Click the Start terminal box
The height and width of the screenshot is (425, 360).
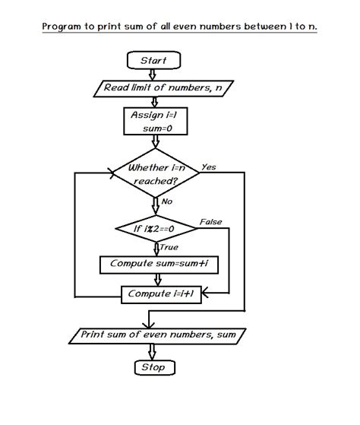(x=154, y=60)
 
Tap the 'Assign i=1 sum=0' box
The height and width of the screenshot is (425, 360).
(x=154, y=121)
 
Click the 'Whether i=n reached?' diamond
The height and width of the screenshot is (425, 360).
(x=155, y=174)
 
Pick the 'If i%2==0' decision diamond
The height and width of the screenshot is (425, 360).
(x=155, y=229)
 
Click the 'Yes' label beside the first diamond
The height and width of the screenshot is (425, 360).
(x=209, y=167)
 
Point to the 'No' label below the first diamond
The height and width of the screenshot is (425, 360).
(x=167, y=201)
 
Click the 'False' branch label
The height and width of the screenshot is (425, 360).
(x=210, y=221)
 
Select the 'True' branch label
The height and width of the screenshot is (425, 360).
(x=169, y=247)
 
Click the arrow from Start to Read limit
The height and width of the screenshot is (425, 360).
(x=154, y=75)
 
